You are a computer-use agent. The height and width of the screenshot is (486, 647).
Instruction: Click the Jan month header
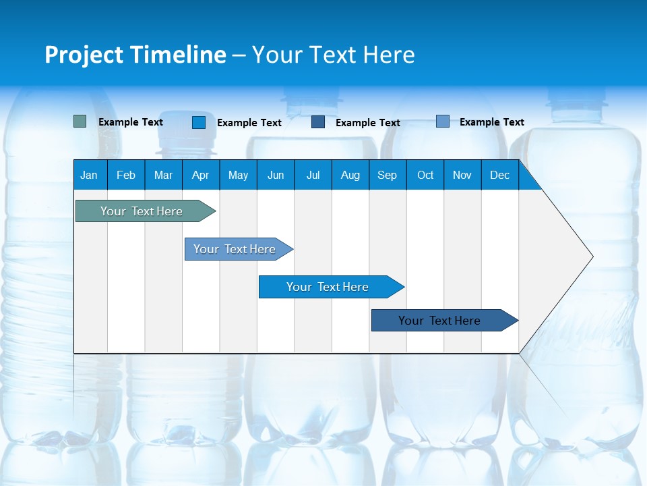(89, 175)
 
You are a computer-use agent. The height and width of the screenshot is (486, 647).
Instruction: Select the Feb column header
(126, 175)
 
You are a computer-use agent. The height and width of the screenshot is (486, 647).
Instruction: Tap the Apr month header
(200, 175)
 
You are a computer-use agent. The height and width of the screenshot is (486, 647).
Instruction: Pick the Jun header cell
(276, 175)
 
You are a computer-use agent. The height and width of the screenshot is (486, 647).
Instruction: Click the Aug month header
(350, 175)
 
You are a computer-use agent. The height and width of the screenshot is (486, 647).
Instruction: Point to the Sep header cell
(387, 175)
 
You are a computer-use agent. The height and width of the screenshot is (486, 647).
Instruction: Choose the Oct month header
(425, 175)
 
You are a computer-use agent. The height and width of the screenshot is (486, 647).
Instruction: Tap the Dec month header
(499, 175)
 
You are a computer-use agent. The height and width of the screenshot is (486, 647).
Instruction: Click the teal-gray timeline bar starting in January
(142, 211)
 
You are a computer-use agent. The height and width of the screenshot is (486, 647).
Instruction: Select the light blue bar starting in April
(235, 249)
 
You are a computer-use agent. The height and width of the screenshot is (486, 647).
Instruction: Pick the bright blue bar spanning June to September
(328, 287)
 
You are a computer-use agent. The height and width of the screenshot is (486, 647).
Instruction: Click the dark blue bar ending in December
(439, 321)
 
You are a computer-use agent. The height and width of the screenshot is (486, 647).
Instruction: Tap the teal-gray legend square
(80, 122)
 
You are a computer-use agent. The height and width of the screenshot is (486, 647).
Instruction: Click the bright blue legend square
(199, 122)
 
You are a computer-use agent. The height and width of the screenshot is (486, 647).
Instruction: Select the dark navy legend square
(318, 122)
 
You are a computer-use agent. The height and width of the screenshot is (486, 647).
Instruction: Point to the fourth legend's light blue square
(443, 122)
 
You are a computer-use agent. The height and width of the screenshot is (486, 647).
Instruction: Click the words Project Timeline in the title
(135, 55)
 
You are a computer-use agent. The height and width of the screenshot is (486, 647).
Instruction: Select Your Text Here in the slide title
(333, 55)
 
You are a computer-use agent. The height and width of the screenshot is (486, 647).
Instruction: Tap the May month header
(238, 175)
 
